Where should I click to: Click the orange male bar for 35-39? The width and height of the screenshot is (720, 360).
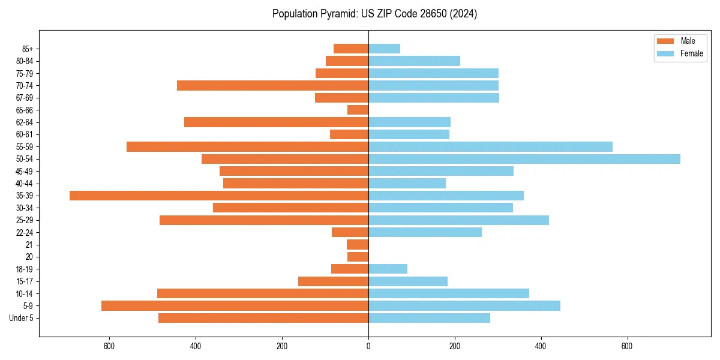point(219,196)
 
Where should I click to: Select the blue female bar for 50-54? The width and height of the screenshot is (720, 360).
point(524,159)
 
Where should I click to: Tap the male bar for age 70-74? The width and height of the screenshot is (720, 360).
point(273,86)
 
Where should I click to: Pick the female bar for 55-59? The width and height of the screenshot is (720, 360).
point(490,147)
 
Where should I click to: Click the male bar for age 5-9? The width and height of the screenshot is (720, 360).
point(235,306)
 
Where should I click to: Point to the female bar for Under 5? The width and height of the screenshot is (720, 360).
point(429,318)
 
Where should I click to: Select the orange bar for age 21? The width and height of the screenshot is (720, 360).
point(358,245)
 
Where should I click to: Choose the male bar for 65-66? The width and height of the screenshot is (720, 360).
point(358,110)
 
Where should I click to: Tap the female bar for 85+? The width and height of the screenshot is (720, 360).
point(384,49)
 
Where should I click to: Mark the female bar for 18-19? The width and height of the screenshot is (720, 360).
point(388,269)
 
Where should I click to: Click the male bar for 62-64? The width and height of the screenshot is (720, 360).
point(277,122)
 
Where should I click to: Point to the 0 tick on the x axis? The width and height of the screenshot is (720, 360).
point(368,346)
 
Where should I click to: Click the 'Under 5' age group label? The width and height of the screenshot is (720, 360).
point(22,318)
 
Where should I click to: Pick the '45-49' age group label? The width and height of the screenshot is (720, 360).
point(25,172)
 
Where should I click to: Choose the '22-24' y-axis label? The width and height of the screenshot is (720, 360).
point(25,233)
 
